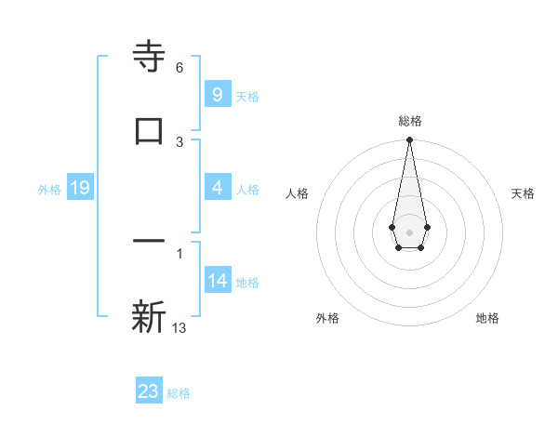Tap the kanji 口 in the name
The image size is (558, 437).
pos(149,130)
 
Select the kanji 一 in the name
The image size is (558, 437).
pos(149,242)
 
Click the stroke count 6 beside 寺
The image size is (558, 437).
pos(179,68)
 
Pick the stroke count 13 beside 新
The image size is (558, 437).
pos(179,328)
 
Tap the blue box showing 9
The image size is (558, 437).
pos(217,95)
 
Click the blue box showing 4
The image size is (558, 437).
pos(217,188)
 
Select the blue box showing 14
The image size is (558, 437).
pos(217,281)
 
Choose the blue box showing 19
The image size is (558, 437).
pos(80,189)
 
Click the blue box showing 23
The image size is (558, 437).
pos(149,391)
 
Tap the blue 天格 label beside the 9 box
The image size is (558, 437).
pos(247,97)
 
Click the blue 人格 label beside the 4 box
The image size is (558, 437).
pos(247,190)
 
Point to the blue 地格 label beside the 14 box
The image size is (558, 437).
pos(247,283)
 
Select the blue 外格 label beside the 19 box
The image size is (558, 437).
pos(49,190)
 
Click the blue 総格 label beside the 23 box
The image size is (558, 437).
pos(179,393)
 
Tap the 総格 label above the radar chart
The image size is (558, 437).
pos(409,121)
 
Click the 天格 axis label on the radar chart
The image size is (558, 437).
pos(523,193)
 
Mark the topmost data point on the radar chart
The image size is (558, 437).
pos(409,140)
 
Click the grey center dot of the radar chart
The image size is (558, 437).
pos(409,232)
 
